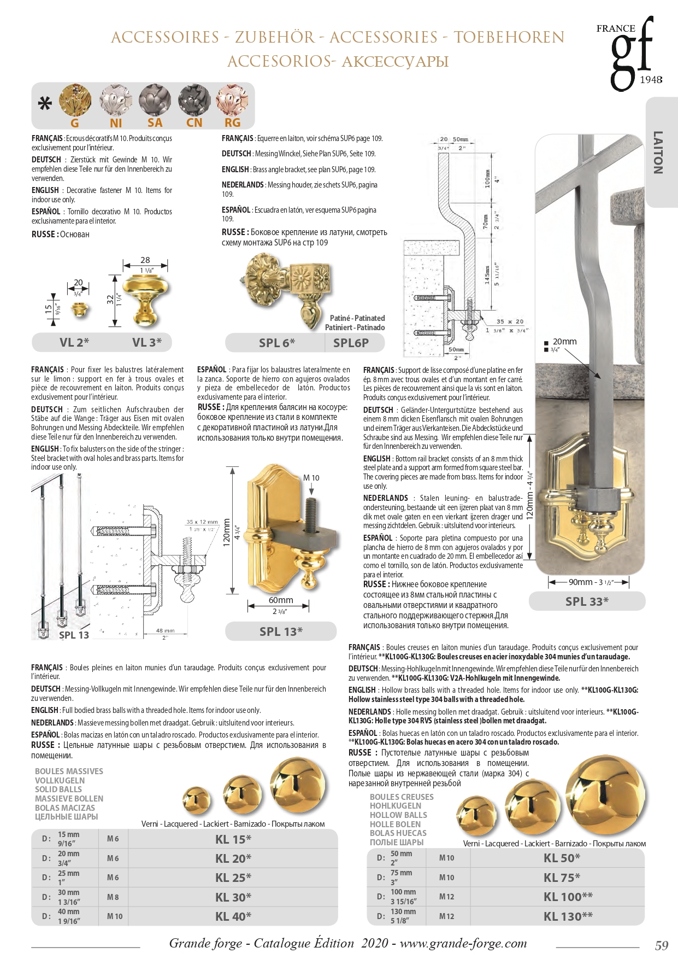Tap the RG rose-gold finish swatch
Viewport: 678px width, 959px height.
coord(233,101)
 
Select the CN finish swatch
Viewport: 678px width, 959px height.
coord(194,101)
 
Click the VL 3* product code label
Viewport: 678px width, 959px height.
coord(147,343)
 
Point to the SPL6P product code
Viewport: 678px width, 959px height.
coord(351,343)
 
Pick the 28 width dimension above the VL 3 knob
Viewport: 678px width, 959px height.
coord(145,260)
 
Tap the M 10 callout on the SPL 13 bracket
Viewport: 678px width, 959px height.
coord(311,478)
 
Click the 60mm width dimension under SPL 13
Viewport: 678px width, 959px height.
coord(280,600)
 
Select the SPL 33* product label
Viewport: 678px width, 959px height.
coord(587,602)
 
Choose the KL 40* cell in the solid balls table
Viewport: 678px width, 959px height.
coord(233,916)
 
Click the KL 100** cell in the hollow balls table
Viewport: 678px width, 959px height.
coord(568,897)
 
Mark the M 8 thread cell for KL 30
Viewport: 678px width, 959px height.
coord(113,897)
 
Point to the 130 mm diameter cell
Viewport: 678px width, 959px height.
coord(403,916)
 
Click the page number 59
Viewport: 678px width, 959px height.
coord(661,945)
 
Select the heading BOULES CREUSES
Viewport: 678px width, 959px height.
coord(402,797)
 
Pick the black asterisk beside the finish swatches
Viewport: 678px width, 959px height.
coord(44,103)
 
